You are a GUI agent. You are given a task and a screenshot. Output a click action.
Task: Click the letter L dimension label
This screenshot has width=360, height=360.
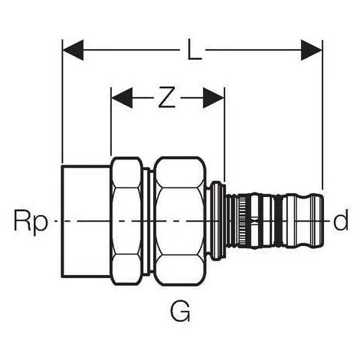click(x=195, y=50)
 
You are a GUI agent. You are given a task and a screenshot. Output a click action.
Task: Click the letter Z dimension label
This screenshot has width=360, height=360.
click(x=167, y=97)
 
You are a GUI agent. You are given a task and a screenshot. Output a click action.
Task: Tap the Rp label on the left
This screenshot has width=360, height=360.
click(x=31, y=221)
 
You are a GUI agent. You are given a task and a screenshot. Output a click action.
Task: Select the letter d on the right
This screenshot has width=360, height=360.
click(x=341, y=219)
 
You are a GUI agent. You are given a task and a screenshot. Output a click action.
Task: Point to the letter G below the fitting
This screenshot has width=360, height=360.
click(x=180, y=311)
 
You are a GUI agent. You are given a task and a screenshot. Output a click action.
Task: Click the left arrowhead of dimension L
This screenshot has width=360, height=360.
click(x=74, y=50)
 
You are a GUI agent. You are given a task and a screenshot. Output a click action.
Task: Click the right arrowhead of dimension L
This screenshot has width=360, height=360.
click(x=312, y=50)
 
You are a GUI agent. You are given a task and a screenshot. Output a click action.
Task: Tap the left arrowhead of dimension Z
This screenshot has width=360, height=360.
click(x=122, y=97)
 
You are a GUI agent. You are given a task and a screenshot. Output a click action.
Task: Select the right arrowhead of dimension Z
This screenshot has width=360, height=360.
click(x=214, y=97)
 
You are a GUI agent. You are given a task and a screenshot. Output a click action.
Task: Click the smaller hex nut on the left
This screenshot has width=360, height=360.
click(x=126, y=221)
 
